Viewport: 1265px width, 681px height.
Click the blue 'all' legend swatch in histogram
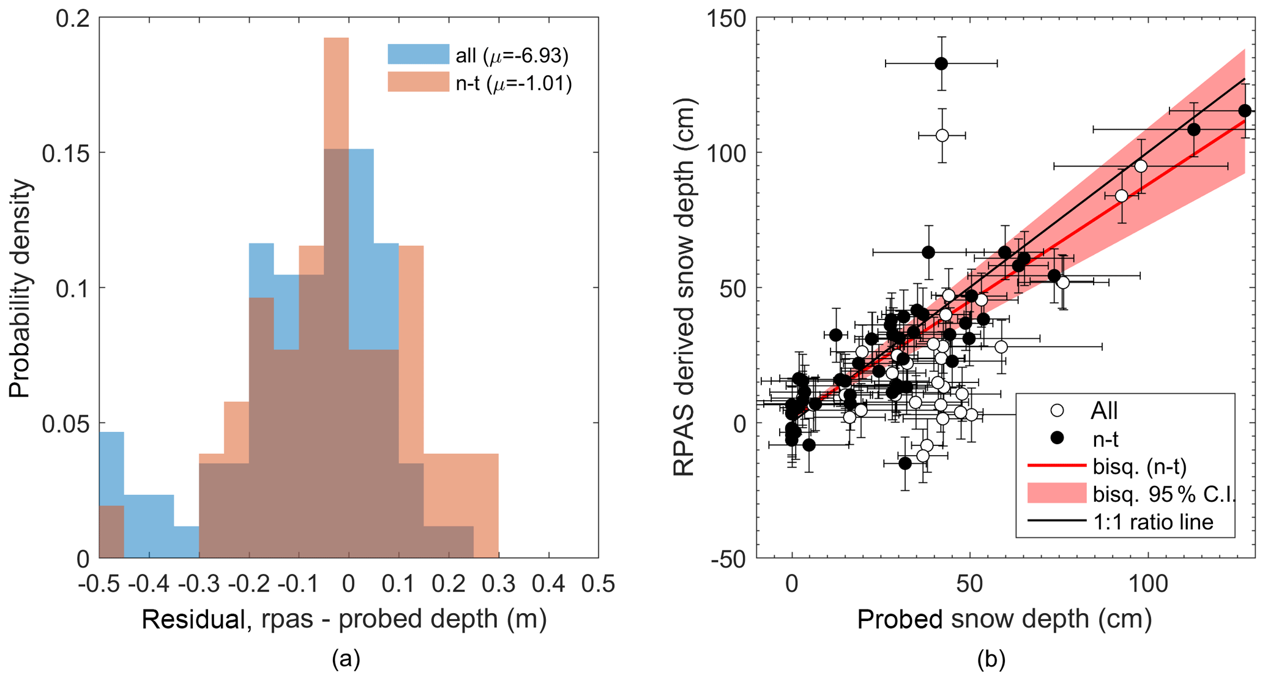coord(418,54)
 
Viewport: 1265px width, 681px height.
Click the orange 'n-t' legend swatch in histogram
coord(418,82)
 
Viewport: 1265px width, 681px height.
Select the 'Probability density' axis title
coord(20,288)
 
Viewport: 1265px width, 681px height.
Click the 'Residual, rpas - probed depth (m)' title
coord(344,619)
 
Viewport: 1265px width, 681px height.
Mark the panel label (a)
coord(346,660)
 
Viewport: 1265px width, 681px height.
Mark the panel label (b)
coord(991,660)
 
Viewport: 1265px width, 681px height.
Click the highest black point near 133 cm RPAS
coord(941,64)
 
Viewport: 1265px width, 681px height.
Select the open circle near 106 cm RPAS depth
coord(942,135)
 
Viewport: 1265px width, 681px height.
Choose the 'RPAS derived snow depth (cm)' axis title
coord(684,288)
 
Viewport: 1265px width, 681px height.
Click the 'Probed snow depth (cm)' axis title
coord(1005,619)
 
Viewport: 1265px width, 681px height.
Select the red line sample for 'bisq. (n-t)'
coord(1056,466)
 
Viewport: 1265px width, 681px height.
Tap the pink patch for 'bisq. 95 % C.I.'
coord(1056,494)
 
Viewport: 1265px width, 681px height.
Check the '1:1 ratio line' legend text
coord(1153,522)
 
